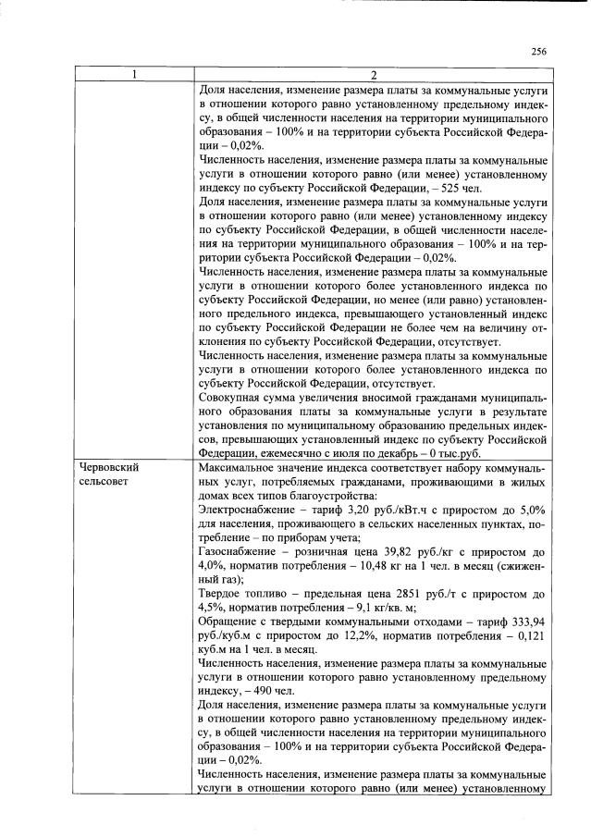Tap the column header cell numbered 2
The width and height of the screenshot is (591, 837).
click(374, 75)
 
